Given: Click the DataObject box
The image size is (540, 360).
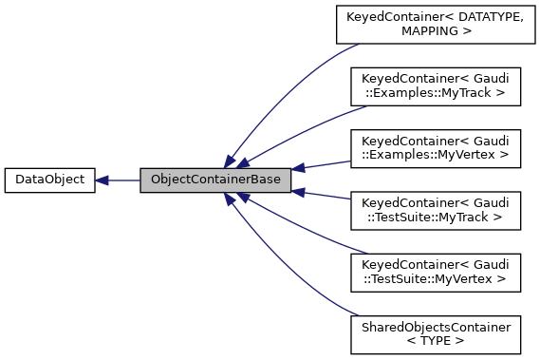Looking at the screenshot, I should [49, 180].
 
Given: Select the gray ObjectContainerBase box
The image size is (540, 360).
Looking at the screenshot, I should [215, 180].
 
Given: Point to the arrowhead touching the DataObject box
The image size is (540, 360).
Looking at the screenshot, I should [102, 180].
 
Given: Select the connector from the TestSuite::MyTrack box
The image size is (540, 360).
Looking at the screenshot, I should [323, 195].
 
